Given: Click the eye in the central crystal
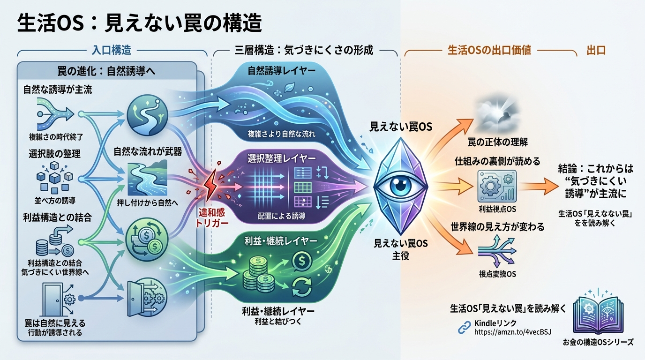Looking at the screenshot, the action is (400, 186).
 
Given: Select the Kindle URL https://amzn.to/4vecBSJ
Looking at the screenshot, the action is (513, 332).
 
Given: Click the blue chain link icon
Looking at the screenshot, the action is (464, 328).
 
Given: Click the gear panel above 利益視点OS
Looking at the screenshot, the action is (497, 186).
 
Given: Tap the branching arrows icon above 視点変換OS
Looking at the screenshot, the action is (497, 251).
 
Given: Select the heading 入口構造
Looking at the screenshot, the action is (112, 51).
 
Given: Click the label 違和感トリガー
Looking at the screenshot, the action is (212, 218).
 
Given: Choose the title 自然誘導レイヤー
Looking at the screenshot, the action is (281, 71).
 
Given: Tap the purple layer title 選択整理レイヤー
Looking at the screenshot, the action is (282, 158).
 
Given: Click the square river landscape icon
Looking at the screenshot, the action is (148, 179).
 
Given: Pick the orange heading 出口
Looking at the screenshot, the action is (596, 51).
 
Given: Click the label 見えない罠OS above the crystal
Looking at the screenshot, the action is (401, 127).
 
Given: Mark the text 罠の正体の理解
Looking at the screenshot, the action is (497, 142).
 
